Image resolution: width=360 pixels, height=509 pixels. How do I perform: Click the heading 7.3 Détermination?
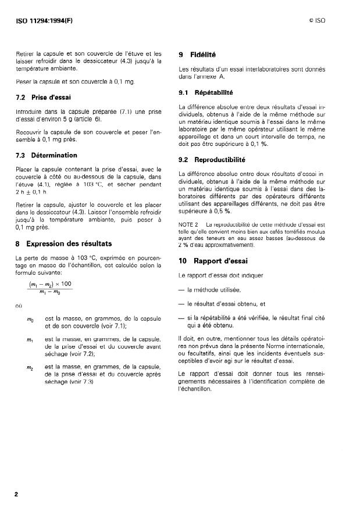tap(47, 155)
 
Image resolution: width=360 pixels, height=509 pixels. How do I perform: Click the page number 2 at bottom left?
tap(17, 494)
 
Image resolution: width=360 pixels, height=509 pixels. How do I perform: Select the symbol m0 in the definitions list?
tap(30, 320)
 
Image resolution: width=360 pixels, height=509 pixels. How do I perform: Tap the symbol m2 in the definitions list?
tap(30, 367)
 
